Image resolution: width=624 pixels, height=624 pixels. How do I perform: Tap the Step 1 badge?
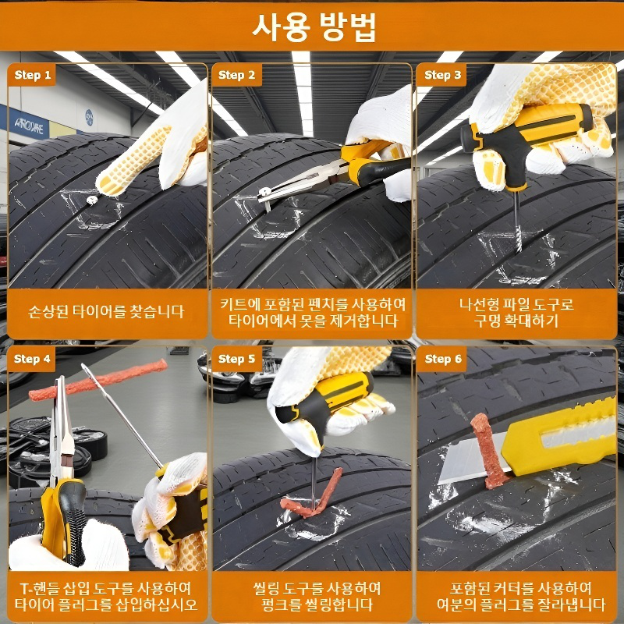(33, 76)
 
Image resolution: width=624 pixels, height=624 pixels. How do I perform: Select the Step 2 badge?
(236, 76)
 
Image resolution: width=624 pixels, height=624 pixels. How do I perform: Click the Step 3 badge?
(442, 76)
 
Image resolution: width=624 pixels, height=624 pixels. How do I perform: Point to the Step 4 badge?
(33, 359)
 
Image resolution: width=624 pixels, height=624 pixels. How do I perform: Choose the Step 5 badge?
(236, 359)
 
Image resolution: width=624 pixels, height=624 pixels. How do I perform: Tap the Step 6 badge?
(442, 359)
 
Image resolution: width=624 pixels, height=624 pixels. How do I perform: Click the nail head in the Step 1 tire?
(93, 200)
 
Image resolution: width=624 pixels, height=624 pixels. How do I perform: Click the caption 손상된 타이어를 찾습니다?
(107, 312)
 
